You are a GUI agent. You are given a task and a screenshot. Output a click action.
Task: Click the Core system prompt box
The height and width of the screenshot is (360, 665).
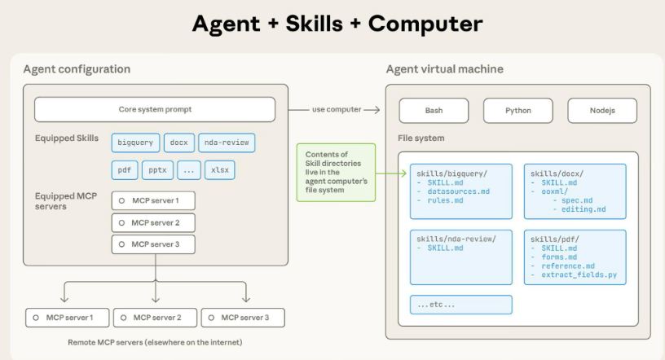pyautogui.click(x=154, y=109)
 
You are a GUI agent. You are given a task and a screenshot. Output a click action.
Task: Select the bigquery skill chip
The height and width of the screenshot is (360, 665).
pyautogui.click(x=135, y=143)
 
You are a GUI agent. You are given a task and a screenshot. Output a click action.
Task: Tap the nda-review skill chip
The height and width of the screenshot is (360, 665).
pyautogui.click(x=227, y=143)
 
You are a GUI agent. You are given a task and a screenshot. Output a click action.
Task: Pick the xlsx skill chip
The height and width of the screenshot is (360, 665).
pyautogui.click(x=218, y=170)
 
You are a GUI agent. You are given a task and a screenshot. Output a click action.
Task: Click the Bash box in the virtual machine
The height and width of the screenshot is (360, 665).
pyautogui.click(x=434, y=110)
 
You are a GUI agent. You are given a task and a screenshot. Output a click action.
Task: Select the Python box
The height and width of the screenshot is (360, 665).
pyautogui.click(x=517, y=110)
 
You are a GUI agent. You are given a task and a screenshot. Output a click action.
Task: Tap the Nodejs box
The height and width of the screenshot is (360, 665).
pyautogui.click(x=602, y=110)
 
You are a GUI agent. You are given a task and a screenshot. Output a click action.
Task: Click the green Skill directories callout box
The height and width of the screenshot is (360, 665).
pyautogui.click(x=336, y=172)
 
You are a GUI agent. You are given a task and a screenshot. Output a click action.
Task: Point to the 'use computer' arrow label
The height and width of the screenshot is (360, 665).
pyautogui.click(x=336, y=109)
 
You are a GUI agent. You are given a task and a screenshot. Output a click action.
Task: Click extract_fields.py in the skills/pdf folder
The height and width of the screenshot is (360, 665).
pyautogui.click(x=579, y=275)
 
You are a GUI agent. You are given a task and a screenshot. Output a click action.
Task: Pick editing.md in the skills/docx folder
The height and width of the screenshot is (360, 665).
pyautogui.click(x=584, y=209)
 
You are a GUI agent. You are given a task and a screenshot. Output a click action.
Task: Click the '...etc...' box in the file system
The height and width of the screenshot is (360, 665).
pyautogui.click(x=460, y=305)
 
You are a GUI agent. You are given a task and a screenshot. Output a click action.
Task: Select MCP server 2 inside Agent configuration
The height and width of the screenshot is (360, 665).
pyautogui.click(x=154, y=222)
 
